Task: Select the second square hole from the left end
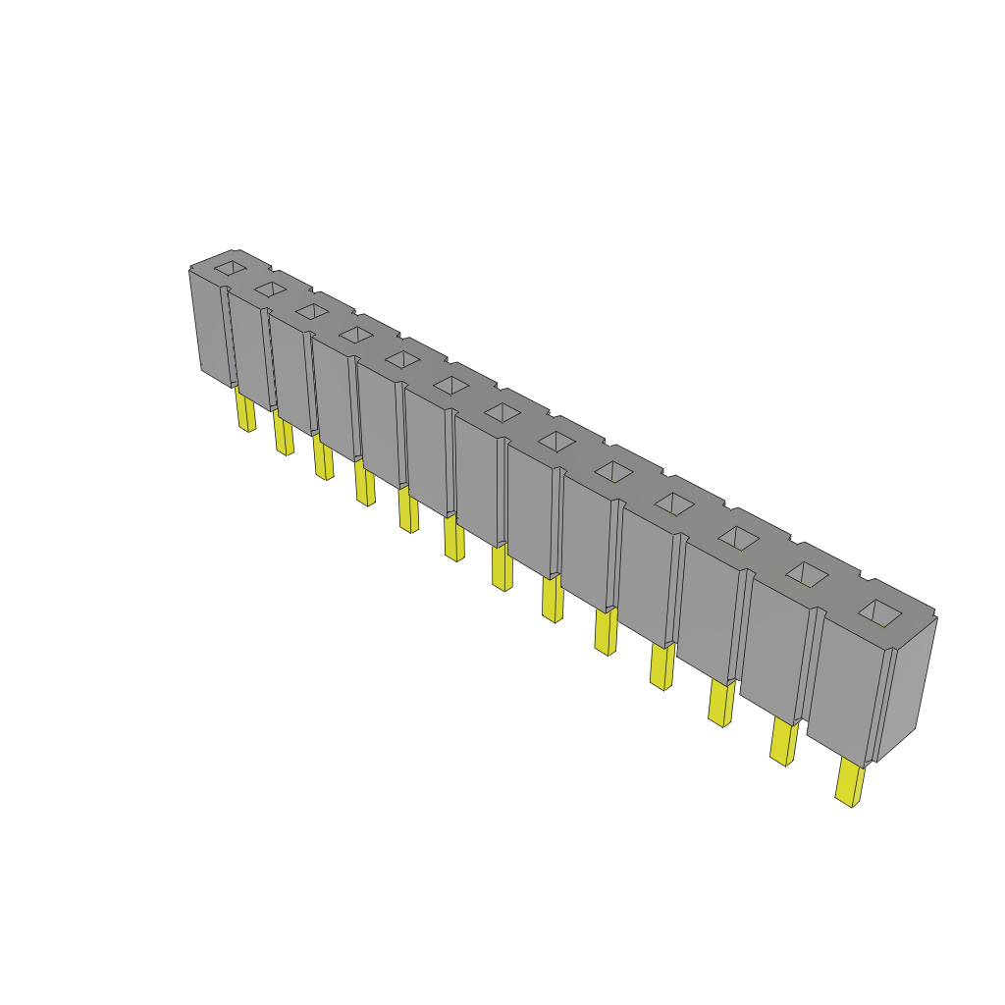click(271, 289)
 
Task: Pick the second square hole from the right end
click(808, 575)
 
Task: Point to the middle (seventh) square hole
click(502, 412)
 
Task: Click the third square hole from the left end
click(312, 311)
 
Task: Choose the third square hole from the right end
click(739, 538)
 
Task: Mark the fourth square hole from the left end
click(355, 335)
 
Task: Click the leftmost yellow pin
click(244, 410)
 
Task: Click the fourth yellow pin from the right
click(662, 666)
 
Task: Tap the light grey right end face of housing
click(906, 687)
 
